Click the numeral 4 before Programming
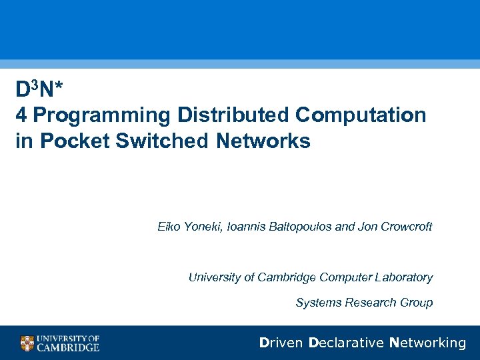click(x=22, y=115)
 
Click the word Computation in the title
click(x=361, y=115)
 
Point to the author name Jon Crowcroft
click(x=395, y=227)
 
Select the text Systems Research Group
click(x=364, y=303)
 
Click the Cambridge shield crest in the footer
click(x=27, y=343)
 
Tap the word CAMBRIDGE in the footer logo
click(x=68, y=347)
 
